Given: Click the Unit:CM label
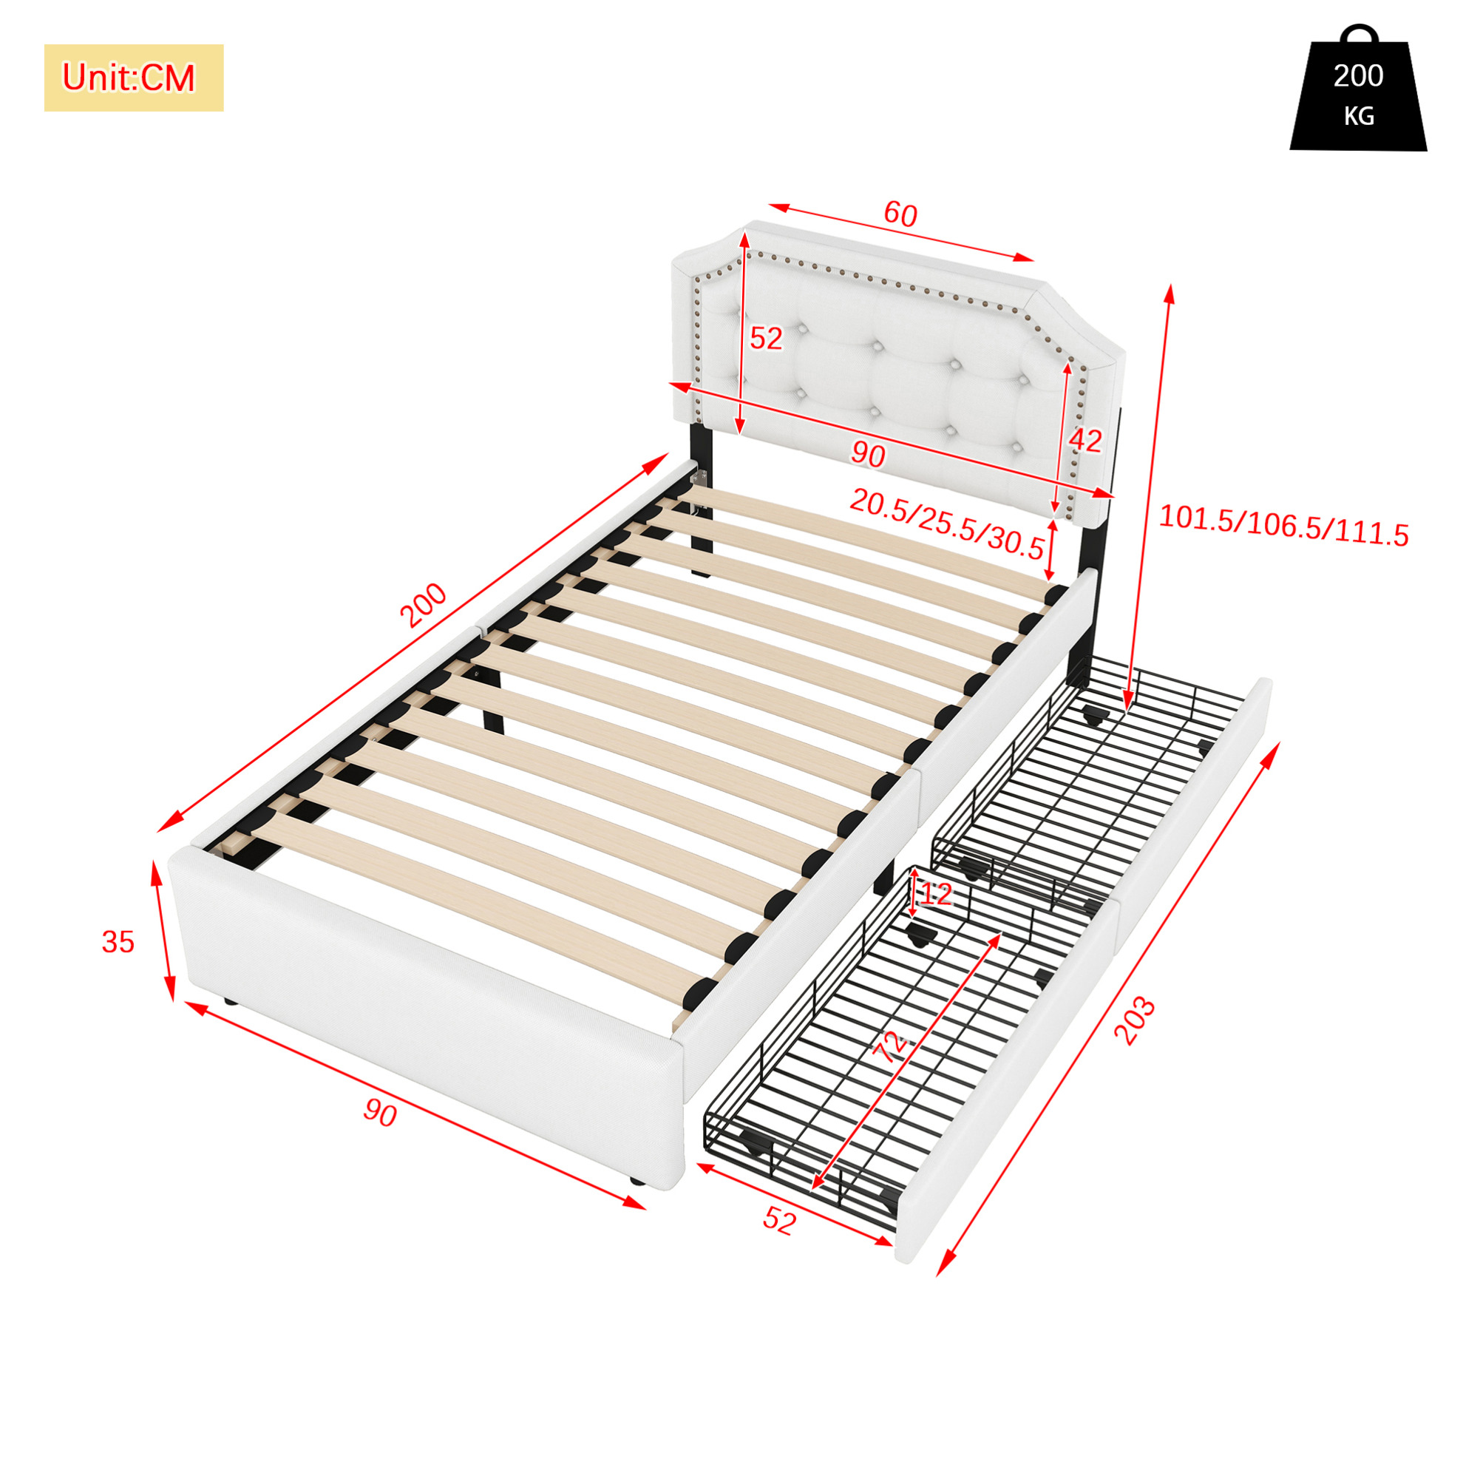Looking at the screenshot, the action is (x=129, y=78).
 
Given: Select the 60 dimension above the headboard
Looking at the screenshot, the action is (x=900, y=214).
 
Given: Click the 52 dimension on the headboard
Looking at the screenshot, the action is (x=765, y=339).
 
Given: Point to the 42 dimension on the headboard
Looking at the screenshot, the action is (x=1085, y=441).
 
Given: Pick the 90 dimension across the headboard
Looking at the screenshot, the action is (x=868, y=454).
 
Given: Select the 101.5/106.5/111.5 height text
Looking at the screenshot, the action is (x=1284, y=526).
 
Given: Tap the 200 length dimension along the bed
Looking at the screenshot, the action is (x=424, y=605).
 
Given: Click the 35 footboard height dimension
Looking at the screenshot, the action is (x=118, y=942).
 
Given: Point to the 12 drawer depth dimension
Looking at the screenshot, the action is (x=935, y=894).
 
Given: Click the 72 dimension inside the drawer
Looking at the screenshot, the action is (x=892, y=1046).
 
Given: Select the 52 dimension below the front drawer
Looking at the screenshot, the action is (x=780, y=1220).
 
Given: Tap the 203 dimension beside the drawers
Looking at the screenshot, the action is (x=1134, y=1021).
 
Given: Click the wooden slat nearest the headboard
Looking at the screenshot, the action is (x=866, y=542).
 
